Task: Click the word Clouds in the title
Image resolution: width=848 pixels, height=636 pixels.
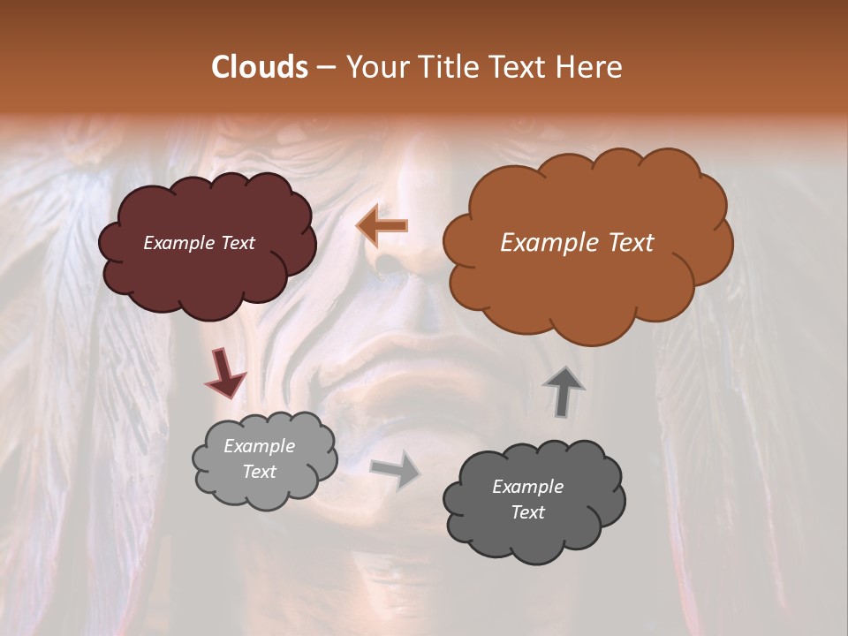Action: point(259,67)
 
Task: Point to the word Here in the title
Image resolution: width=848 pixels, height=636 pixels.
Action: point(589,67)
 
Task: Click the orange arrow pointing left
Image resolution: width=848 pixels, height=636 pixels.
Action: point(382,225)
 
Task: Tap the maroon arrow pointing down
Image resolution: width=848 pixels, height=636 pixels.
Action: point(225,374)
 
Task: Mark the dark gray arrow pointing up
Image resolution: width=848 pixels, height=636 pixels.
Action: point(564,391)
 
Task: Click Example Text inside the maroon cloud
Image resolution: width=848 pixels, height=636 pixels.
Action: point(199,243)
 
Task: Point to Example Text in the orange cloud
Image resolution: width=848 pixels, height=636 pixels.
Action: point(577,243)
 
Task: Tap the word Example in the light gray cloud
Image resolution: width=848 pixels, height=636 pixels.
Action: point(259,446)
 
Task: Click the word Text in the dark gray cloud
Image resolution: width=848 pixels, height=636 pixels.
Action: point(528,512)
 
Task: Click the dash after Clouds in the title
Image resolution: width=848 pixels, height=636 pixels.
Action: point(325,67)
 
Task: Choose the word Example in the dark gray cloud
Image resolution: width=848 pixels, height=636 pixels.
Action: point(527,487)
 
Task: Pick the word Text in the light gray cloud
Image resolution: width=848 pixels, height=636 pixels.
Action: point(259,472)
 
